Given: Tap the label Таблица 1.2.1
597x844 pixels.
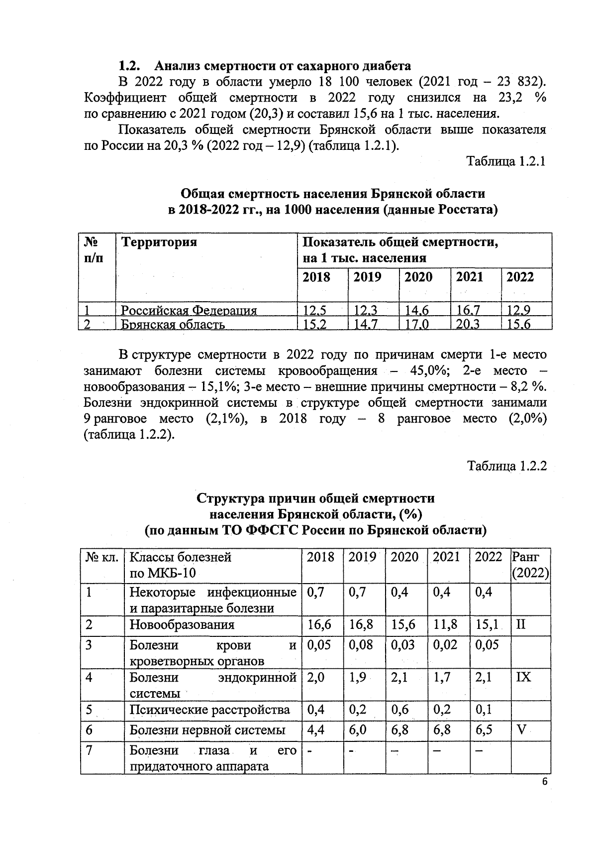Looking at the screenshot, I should coord(506,162).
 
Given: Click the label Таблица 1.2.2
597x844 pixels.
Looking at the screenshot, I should coord(506,466).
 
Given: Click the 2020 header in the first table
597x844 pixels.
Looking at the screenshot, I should coord(418,277).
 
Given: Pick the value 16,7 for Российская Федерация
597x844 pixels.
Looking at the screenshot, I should coord(469,310).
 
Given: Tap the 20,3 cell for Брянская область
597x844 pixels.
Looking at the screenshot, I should coord(469,324).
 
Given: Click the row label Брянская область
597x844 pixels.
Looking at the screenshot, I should coord(173,325).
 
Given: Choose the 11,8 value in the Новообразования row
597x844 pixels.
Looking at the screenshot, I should coord(445,624).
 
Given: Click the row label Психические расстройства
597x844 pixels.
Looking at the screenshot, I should coord(209,709).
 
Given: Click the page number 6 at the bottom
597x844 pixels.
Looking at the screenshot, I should coord(544,782).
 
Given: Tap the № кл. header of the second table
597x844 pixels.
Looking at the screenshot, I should coord(101,557).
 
